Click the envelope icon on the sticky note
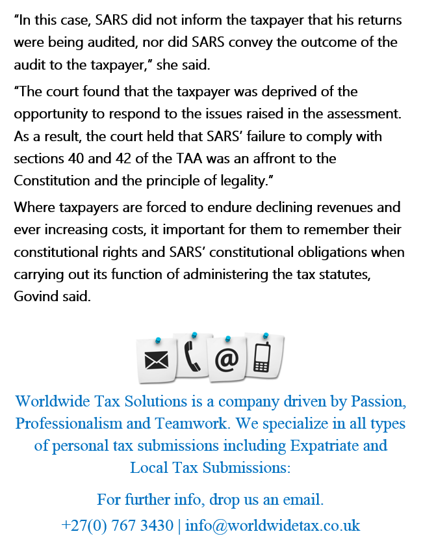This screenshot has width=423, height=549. pos(157,358)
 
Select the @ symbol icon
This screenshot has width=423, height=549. pos(227,360)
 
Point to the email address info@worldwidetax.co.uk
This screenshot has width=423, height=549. pos(273,525)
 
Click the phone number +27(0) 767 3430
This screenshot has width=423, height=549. pos(117,525)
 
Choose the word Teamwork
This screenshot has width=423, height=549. pos(192,423)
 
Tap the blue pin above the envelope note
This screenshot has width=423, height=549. pos(158,340)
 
